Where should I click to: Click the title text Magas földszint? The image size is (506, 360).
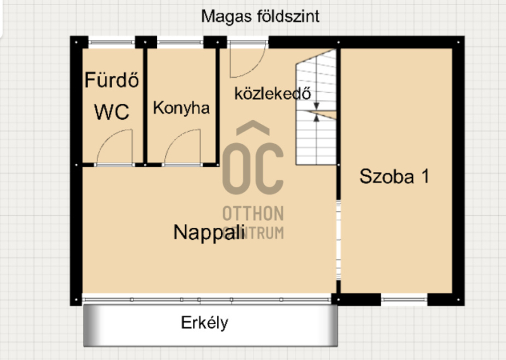(260, 16)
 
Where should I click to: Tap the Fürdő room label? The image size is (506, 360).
(112, 80)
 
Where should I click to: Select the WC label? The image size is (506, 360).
(112, 112)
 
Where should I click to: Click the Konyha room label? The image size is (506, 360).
(181, 108)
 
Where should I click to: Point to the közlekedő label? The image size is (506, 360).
(273, 93)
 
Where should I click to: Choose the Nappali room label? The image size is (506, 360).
(209, 232)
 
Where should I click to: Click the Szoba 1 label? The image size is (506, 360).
(394, 177)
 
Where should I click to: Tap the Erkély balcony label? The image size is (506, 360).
(204, 323)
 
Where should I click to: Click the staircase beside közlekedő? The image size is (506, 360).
(316, 107)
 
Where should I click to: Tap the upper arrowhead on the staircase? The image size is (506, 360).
(317, 106)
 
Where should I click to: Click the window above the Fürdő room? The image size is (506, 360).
(111, 42)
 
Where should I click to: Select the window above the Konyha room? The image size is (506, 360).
(180, 42)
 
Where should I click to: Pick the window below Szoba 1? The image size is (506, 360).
(404, 300)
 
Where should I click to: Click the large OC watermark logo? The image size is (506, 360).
(253, 158)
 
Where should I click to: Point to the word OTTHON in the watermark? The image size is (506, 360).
(253, 213)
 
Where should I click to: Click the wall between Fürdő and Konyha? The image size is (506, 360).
(145, 106)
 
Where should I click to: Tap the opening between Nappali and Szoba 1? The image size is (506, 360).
(338, 240)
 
